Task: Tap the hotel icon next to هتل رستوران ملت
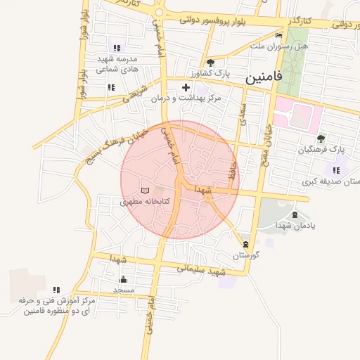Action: [x=279, y=35]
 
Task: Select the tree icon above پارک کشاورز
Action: [x=210, y=63]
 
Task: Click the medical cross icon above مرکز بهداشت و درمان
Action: [x=186, y=88]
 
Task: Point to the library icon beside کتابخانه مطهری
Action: [x=146, y=191]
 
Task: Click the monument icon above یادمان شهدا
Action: [x=294, y=215]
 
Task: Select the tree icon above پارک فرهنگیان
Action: [x=321, y=139]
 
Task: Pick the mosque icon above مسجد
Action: [x=124, y=279]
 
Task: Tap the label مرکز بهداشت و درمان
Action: [x=186, y=98]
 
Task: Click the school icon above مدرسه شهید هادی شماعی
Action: [x=117, y=49]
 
